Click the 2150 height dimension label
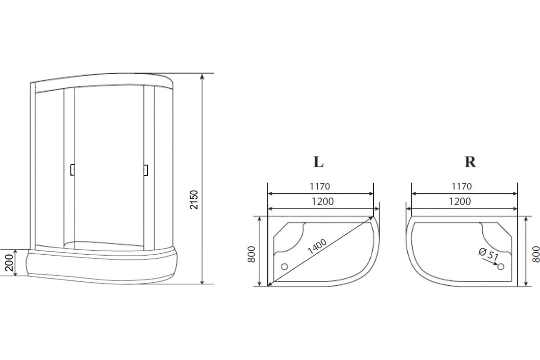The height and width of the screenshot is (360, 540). (x=194, y=200)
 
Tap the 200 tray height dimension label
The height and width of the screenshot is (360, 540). (x=9, y=263)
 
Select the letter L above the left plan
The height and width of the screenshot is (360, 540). (x=318, y=162)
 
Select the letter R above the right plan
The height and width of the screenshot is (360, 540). (x=470, y=162)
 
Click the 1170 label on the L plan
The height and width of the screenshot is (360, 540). (x=319, y=186)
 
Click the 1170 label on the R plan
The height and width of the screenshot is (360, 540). (x=461, y=186)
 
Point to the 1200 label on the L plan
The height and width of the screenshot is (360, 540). (x=323, y=201)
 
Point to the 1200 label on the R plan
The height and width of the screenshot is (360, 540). (x=459, y=201)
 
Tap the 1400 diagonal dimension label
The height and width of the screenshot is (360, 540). (x=317, y=246)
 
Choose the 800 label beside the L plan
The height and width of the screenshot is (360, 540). (x=251, y=254)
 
